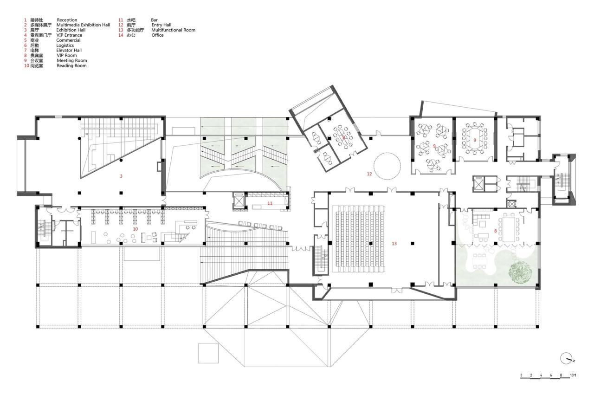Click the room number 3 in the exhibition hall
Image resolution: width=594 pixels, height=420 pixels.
click(121, 176)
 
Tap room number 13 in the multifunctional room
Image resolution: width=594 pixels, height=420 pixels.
click(394, 244)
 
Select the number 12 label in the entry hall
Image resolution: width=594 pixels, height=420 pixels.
click(369, 174)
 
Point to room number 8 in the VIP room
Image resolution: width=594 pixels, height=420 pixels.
click(495, 231)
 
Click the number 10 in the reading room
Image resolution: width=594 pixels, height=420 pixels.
click(136, 229)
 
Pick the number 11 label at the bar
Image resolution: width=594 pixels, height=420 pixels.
click(270, 203)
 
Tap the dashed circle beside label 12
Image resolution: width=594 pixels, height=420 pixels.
click(387, 166)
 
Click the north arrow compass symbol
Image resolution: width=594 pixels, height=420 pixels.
click(567, 358)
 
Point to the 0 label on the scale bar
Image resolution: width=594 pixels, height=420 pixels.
click(521, 375)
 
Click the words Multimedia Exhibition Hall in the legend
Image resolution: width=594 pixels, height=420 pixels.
click(83, 25)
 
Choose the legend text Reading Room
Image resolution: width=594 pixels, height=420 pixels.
click(71, 66)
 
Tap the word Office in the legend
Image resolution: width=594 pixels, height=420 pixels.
click(157, 35)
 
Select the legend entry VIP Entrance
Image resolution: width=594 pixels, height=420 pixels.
click(69, 35)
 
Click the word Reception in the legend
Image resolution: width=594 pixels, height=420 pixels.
click(67, 20)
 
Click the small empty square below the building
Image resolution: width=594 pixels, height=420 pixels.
click(208, 353)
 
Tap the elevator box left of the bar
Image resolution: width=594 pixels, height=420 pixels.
click(238, 201)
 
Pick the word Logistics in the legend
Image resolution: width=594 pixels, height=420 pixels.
click(65, 45)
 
